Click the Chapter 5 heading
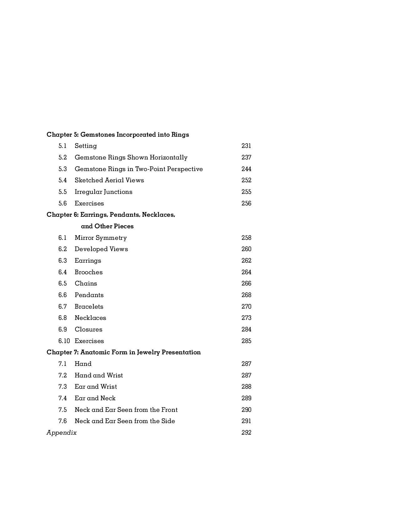[x=118, y=134]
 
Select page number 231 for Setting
[x=246, y=146]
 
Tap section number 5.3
[x=63, y=169]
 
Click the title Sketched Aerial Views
[x=109, y=180]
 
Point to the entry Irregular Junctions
[x=103, y=192]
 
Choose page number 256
[x=246, y=203]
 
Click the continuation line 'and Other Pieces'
[x=107, y=226]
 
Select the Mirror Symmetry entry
[x=100, y=238]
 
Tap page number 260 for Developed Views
[x=246, y=249]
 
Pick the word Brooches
[x=89, y=272]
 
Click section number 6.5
[x=63, y=283]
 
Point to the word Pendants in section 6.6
[x=89, y=295]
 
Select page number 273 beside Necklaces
[x=246, y=318]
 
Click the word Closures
[x=88, y=329]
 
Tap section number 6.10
[x=64, y=341]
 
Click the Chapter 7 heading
[x=124, y=352]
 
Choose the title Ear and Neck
[x=95, y=398]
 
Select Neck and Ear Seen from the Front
[x=126, y=410]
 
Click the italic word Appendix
[x=62, y=433]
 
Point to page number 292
[x=246, y=433]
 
